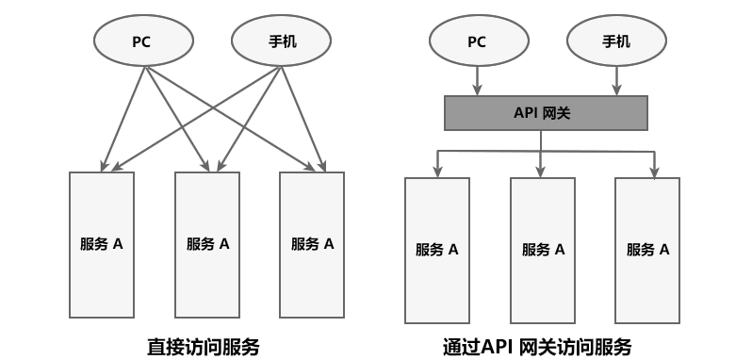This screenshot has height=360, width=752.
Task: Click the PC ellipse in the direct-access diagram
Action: pyautogui.click(x=143, y=42)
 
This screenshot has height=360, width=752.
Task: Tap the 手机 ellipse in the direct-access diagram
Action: pyautogui.click(x=281, y=42)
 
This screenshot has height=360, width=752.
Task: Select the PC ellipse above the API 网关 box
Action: pyautogui.click(x=478, y=42)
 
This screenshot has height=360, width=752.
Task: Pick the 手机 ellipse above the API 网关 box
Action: pyautogui.click(x=615, y=42)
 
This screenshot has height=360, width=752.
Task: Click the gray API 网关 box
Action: pyautogui.click(x=546, y=114)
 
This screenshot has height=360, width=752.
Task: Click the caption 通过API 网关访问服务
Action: pyautogui.click(x=537, y=345)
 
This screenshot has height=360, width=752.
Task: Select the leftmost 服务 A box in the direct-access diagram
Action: pyautogui.click(x=101, y=243)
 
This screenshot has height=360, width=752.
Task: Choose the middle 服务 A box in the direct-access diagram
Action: pyautogui.click(x=207, y=243)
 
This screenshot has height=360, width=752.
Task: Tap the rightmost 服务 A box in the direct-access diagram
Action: pyautogui.click(x=312, y=243)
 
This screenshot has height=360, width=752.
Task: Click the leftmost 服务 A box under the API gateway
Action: pyautogui.click(x=436, y=250)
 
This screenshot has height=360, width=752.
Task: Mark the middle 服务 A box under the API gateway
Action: pyautogui.click(x=543, y=250)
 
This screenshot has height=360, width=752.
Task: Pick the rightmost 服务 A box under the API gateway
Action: pyautogui.click(x=647, y=250)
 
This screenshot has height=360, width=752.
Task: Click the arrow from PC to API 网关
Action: pyautogui.click(x=478, y=81)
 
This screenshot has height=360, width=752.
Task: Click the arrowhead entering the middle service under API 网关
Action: pyautogui.click(x=541, y=171)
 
